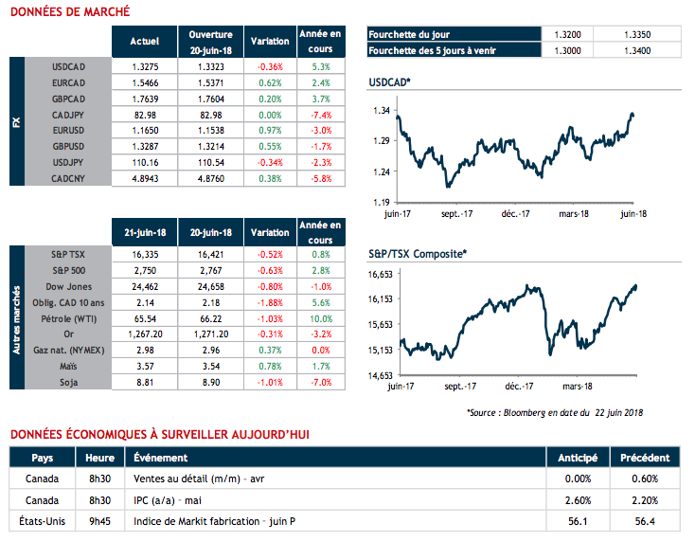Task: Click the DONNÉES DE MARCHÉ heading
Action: click(x=68, y=12)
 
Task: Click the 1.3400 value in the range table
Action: click(x=638, y=50)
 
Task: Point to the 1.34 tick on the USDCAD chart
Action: click(x=381, y=111)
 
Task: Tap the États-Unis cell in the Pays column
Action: click(x=44, y=520)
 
